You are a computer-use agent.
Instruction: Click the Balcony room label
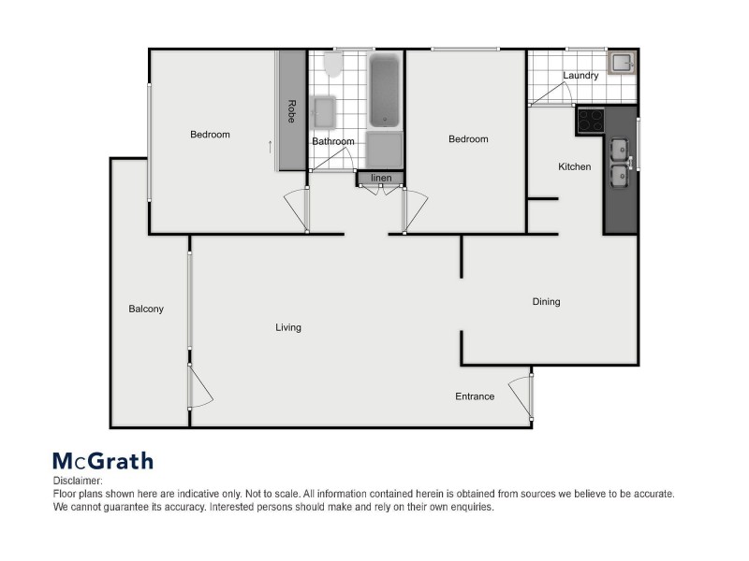click(x=146, y=309)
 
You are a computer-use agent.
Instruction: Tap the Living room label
click(x=288, y=327)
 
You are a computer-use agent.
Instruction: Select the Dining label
click(x=546, y=302)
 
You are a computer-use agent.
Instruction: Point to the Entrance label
click(x=475, y=396)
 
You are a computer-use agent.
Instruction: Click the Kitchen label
click(x=575, y=167)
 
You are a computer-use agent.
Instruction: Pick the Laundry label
click(x=580, y=76)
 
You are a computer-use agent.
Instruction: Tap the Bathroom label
click(x=333, y=142)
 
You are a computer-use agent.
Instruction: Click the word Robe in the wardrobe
click(x=291, y=111)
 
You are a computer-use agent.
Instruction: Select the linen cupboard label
click(x=381, y=178)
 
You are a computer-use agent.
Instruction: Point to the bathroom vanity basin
click(x=324, y=113)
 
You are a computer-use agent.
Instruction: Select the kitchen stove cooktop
click(x=591, y=120)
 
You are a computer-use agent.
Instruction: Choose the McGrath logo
click(x=102, y=460)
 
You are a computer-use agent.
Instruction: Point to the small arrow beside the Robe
click(x=271, y=147)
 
